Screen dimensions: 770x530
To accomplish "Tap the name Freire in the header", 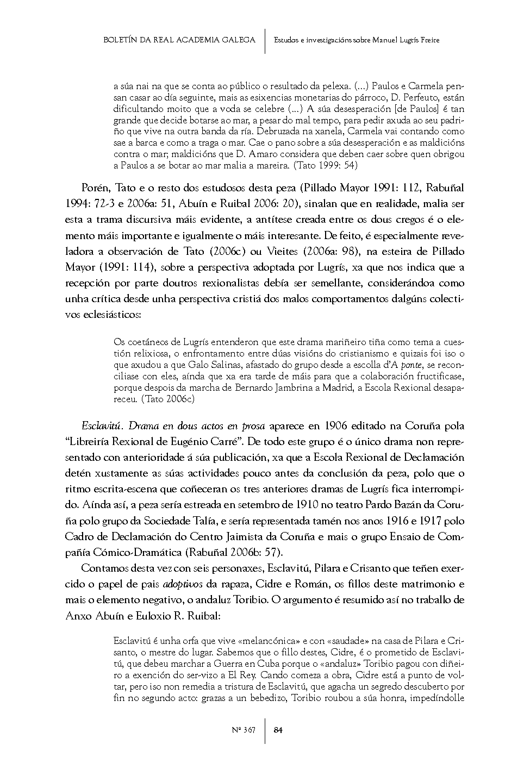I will pos(428,40).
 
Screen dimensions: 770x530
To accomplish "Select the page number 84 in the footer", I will pos(278,730).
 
